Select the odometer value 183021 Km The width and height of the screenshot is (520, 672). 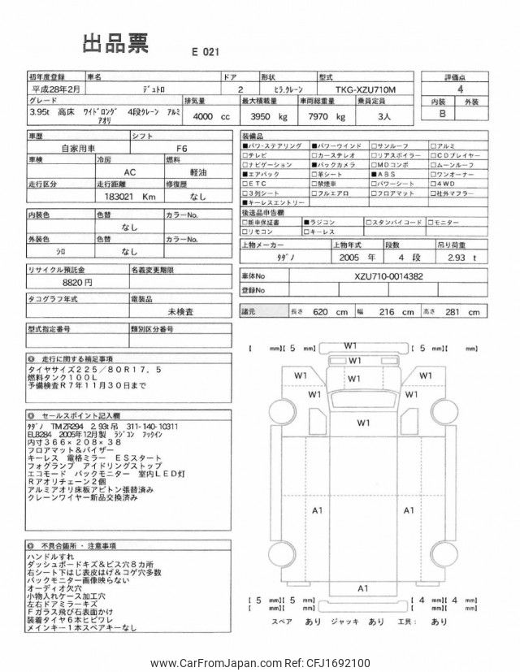coord(126,197)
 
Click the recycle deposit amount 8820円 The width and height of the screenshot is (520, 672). coord(77,282)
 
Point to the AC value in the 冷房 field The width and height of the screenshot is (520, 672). coord(130,172)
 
